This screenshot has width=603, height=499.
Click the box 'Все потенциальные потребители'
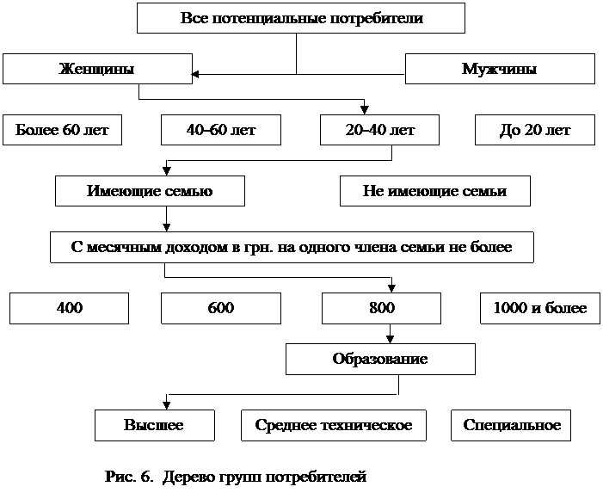[301, 18]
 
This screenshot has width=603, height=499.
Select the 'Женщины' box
[97, 69]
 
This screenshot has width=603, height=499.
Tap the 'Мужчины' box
[500, 69]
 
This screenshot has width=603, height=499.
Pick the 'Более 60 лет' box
[62, 130]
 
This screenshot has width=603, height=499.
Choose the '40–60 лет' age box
[221, 130]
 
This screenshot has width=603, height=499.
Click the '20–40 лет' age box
[379, 130]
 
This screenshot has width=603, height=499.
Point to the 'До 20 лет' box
[535, 130]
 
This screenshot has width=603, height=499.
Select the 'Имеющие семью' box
[150, 191]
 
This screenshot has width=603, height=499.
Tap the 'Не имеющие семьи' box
[435, 191]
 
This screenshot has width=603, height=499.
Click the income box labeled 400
[69, 308]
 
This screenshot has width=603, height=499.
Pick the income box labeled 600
[221, 308]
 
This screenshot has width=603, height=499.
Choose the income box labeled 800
[381, 308]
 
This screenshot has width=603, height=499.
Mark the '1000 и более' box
[540, 308]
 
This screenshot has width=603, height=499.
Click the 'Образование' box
[380, 359]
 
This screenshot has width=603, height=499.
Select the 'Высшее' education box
[155, 425]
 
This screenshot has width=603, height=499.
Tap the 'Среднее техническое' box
[334, 425]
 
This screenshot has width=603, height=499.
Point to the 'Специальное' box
[511, 425]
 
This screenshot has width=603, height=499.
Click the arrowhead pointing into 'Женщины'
[195, 74]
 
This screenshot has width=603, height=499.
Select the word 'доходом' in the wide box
[196, 248]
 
